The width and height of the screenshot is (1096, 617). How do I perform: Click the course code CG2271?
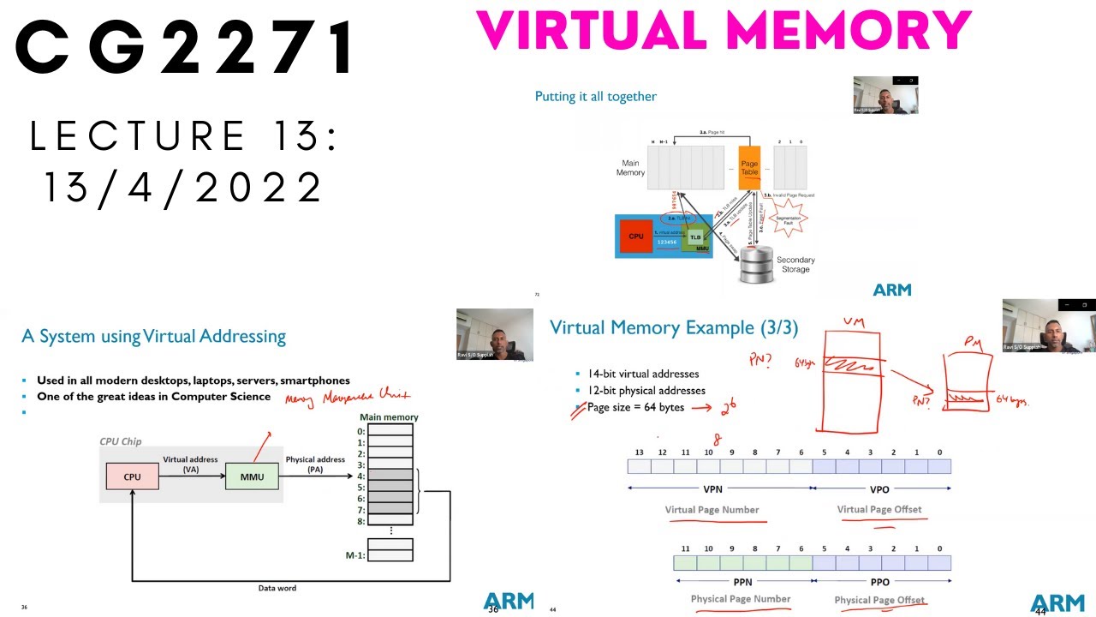184,49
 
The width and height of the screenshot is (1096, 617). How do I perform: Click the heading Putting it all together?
595,97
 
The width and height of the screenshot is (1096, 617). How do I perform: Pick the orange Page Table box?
749,167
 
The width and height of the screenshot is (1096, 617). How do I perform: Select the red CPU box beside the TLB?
636,237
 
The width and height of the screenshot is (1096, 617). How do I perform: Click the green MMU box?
252,476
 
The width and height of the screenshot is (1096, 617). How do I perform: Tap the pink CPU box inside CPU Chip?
132,476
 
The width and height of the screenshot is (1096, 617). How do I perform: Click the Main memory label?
389,417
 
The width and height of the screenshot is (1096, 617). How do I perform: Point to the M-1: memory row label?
355,555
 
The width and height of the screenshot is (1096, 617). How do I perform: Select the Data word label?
277,588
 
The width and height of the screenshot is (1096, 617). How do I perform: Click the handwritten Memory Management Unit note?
347,396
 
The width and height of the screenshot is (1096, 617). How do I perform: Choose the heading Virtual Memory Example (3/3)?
673,327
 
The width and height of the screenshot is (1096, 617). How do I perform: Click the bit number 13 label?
639,452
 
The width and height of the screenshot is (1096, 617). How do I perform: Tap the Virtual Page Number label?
712,510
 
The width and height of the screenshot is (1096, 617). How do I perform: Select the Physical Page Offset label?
879,600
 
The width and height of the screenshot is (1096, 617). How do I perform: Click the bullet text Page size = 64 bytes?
635,407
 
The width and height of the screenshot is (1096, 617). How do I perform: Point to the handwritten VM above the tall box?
854,323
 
